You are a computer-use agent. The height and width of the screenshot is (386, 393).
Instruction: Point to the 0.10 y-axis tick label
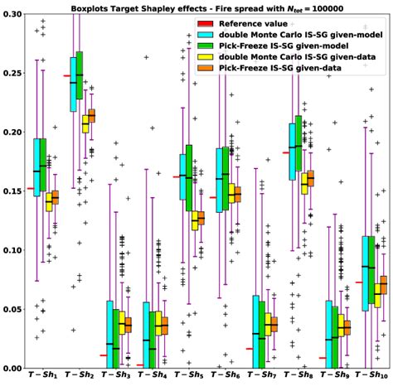[x=14, y=250]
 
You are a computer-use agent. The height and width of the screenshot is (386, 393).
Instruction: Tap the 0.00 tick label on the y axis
[x=14, y=368]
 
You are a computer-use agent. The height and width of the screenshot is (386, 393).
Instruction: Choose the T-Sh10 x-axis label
[x=372, y=377]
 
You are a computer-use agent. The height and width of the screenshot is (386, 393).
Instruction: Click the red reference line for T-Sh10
[x=358, y=282]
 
